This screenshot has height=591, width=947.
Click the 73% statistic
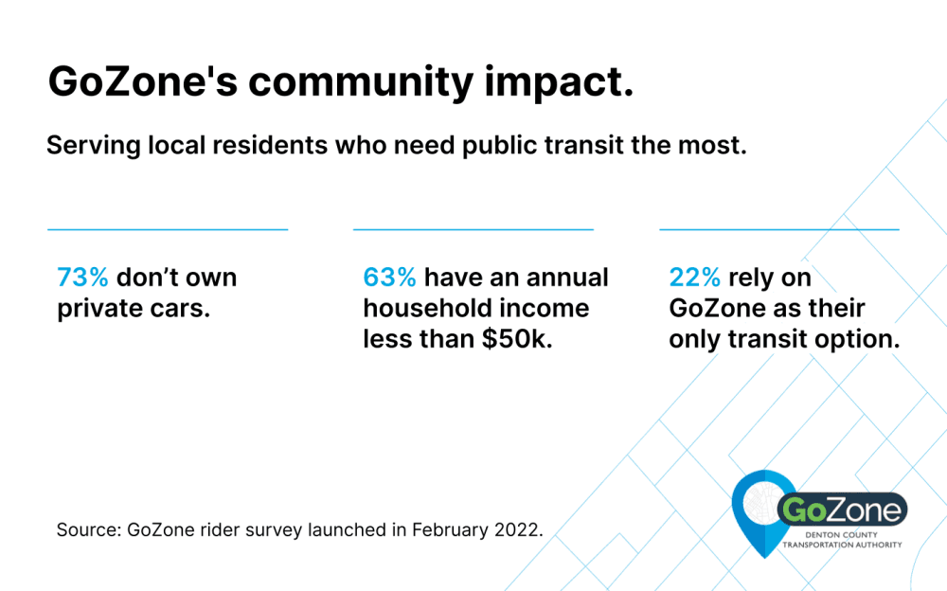(x=82, y=278)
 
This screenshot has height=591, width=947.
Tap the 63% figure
(x=389, y=278)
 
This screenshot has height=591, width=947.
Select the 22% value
(x=694, y=278)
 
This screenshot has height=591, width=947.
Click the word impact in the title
(x=560, y=82)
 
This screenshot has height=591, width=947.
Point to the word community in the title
(x=361, y=82)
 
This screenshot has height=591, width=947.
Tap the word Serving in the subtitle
(x=94, y=146)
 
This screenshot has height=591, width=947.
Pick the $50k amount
(x=517, y=339)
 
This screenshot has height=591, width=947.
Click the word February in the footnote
(x=450, y=530)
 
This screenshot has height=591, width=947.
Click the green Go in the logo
(x=804, y=510)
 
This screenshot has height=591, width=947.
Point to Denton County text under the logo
(x=841, y=535)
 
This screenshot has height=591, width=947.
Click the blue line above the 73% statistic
(x=168, y=229)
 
